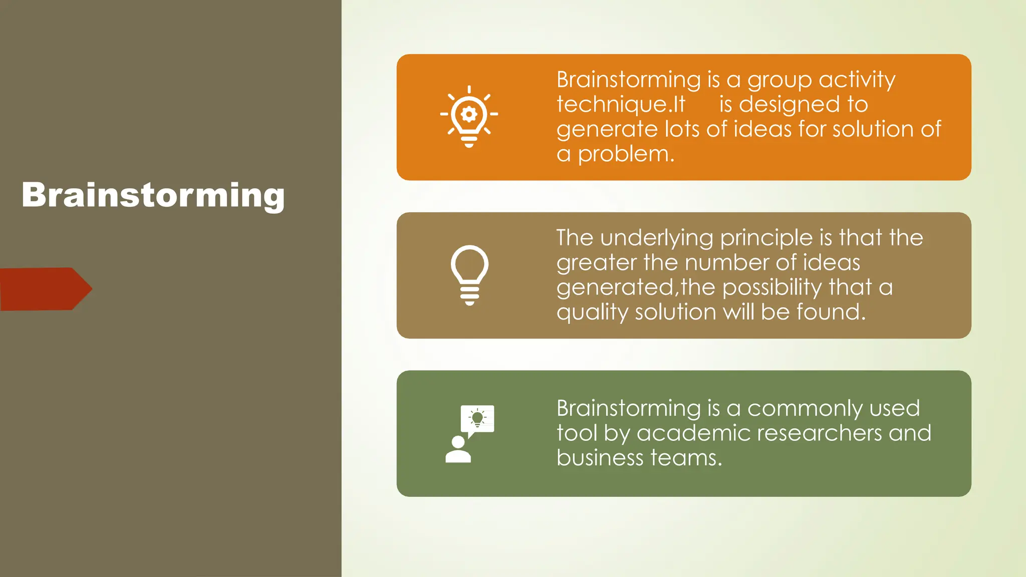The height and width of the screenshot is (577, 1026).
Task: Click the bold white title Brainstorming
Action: click(x=153, y=195)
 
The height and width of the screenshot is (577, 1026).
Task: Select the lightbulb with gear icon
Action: click(x=469, y=116)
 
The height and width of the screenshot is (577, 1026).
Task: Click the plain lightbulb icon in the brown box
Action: click(x=469, y=274)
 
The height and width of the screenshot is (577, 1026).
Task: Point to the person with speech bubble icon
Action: click(x=469, y=434)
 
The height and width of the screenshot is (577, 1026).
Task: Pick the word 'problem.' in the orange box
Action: click(x=626, y=154)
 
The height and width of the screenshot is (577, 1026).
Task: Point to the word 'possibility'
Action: click(x=772, y=288)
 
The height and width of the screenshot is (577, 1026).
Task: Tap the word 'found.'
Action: click(x=831, y=312)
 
